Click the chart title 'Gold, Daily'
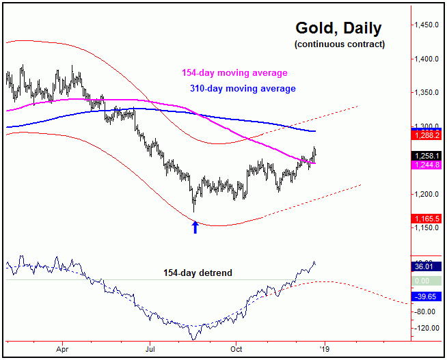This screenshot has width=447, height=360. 338,29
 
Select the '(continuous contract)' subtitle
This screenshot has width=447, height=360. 340,44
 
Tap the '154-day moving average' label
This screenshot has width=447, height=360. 234,73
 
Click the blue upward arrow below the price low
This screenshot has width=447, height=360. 195,227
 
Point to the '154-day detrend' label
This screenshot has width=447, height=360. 198,273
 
